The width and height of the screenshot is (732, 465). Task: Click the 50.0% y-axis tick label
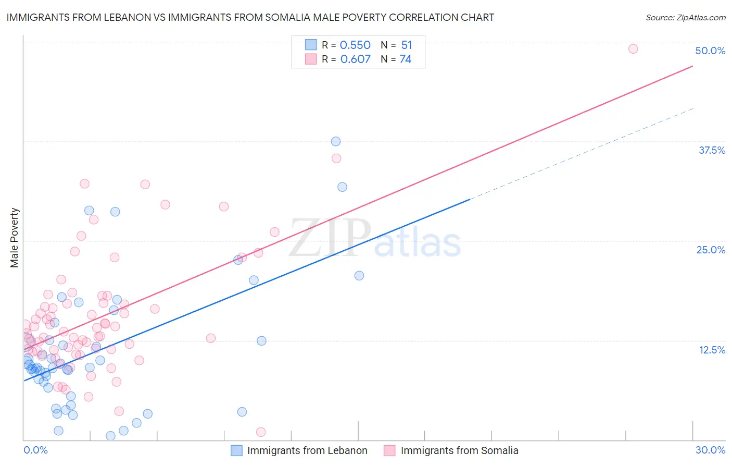tap(710, 51)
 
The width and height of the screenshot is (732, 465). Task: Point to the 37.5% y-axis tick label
tap(712, 150)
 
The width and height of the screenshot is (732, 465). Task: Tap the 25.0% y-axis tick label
tap(711, 250)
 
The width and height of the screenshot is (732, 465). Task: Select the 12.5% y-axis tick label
tap(712, 350)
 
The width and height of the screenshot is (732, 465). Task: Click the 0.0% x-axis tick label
tap(35, 450)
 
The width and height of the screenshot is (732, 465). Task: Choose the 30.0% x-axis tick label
tap(710, 450)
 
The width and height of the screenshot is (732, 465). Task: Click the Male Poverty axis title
tap(15, 238)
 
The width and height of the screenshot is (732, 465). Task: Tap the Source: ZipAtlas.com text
tap(685, 17)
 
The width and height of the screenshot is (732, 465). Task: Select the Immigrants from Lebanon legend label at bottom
tap(307, 450)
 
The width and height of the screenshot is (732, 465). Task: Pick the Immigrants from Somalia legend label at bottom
tap(459, 450)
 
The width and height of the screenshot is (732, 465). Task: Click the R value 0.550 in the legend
tap(355, 45)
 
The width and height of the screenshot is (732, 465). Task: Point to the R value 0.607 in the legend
tap(355, 59)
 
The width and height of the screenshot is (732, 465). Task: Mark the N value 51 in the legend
tap(406, 45)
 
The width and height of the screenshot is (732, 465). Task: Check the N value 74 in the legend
tap(406, 59)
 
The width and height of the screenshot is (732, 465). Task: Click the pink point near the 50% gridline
tap(633, 49)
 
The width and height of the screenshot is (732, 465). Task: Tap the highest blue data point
tap(336, 141)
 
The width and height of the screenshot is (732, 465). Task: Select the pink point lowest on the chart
tap(261, 432)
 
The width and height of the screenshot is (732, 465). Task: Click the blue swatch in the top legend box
tap(311, 45)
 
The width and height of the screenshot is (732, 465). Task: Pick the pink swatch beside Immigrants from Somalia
tap(389, 450)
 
